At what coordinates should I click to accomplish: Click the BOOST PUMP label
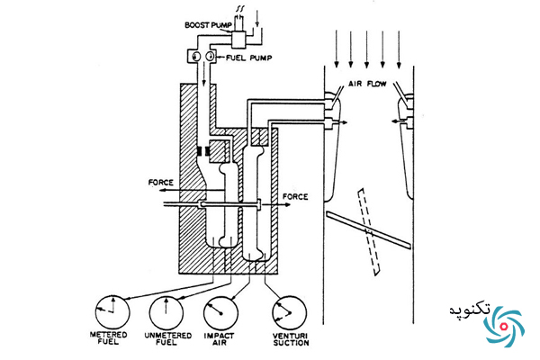[x=208, y=25]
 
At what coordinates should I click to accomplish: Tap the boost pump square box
[x=238, y=40]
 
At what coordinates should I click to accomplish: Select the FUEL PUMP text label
[x=249, y=58]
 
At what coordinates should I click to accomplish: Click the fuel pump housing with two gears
[x=202, y=56]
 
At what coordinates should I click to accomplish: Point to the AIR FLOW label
[x=367, y=84]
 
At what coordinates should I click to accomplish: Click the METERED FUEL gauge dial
[x=112, y=312]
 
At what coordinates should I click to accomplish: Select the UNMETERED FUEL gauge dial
[x=166, y=312]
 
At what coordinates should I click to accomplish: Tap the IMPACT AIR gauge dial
[x=220, y=312]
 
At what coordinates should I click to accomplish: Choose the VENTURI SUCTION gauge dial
[x=289, y=312]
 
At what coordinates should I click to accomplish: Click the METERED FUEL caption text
[x=109, y=338]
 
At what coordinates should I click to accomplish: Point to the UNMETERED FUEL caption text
[x=167, y=338]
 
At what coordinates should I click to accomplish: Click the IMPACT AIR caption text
[x=219, y=339]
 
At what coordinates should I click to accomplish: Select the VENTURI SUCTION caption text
[x=291, y=339]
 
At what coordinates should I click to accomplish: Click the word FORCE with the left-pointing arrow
[x=161, y=182]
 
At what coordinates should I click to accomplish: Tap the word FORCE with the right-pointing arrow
[x=295, y=197]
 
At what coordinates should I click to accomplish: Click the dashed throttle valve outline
[x=368, y=232]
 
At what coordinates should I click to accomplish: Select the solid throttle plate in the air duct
[x=368, y=229]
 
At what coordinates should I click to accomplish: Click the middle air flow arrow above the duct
[x=366, y=49]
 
